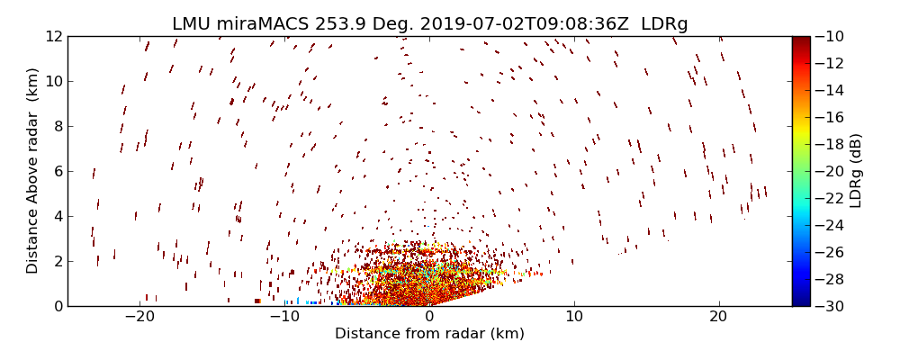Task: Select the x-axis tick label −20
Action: pyautogui.click(x=139, y=317)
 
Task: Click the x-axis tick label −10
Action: pyautogui.click(x=284, y=317)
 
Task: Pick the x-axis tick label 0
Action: pyautogui.click(x=429, y=317)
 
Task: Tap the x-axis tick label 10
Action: pyautogui.click(x=574, y=317)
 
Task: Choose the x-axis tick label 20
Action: pyautogui.click(x=718, y=317)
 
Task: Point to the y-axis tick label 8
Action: pyautogui.click(x=56, y=126)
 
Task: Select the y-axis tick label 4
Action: pyautogui.click(x=56, y=216)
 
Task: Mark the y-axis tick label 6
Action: pyautogui.click(x=56, y=171)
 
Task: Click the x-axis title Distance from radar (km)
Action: pyautogui.click(x=429, y=334)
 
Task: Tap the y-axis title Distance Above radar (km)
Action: pyautogui.click(x=33, y=170)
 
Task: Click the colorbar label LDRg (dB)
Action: pyautogui.click(x=856, y=171)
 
